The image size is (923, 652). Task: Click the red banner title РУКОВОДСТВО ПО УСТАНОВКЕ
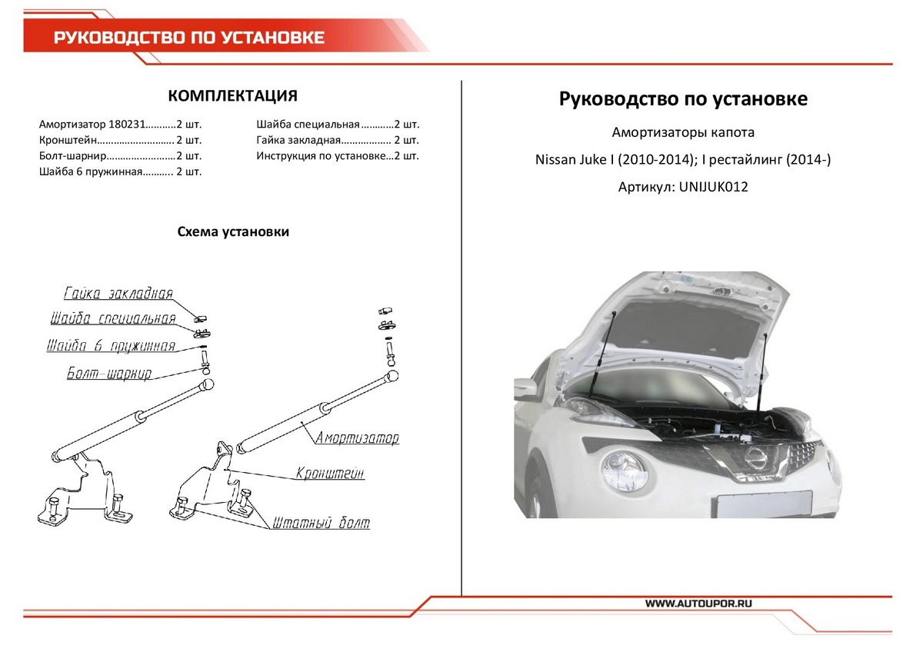[x=188, y=38]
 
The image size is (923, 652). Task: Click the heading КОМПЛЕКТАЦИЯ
[x=232, y=96]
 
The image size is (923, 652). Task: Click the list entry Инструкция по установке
[x=319, y=156]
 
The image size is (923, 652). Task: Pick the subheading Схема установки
[x=233, y=231]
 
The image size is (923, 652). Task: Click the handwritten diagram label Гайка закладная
[x=118, y=294]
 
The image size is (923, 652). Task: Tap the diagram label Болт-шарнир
[x=109, y=374]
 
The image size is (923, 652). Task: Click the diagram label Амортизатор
[x=357, y=438]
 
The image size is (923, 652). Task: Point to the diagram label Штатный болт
[x=320, y=524]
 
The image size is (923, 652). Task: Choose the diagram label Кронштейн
[x=330, y=474]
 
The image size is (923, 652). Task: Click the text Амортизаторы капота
[x=683, y=132]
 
